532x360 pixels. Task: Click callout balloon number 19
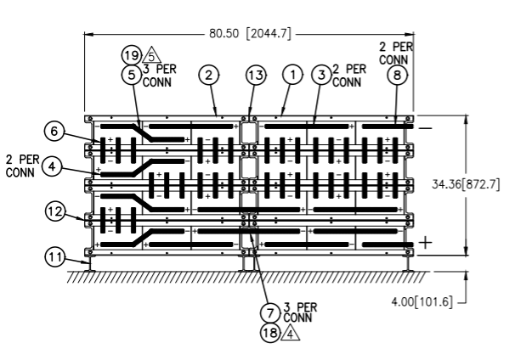point(132,55)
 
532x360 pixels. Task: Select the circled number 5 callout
point(132,75)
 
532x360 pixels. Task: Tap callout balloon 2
point(209,75)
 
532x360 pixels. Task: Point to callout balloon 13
point(256,75)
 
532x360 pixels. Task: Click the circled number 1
point(293,74)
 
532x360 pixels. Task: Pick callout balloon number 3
point(321,75)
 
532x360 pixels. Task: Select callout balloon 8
point(398,75)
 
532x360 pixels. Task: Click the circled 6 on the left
point(54,131)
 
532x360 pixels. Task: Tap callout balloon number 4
point(52,166)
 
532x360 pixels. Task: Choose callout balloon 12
point(55,211)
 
